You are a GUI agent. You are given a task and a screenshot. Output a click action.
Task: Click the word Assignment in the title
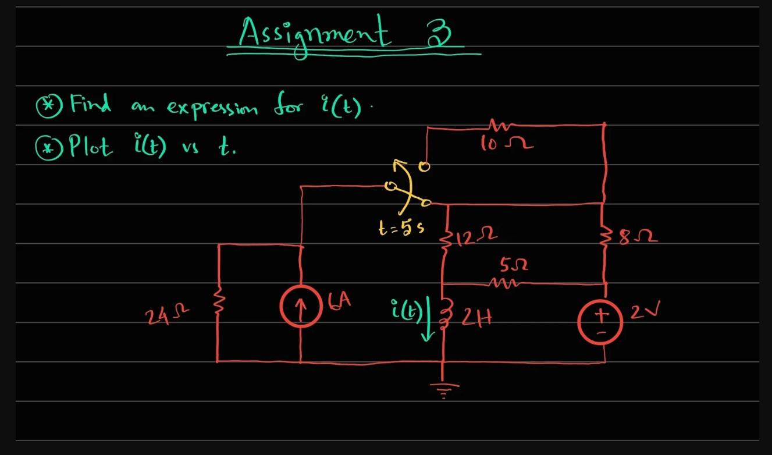tap(314, 34)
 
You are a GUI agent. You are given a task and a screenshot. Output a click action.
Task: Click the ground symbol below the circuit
tap(444, 388)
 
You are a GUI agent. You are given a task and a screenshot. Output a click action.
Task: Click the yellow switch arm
tap(407, 185)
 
